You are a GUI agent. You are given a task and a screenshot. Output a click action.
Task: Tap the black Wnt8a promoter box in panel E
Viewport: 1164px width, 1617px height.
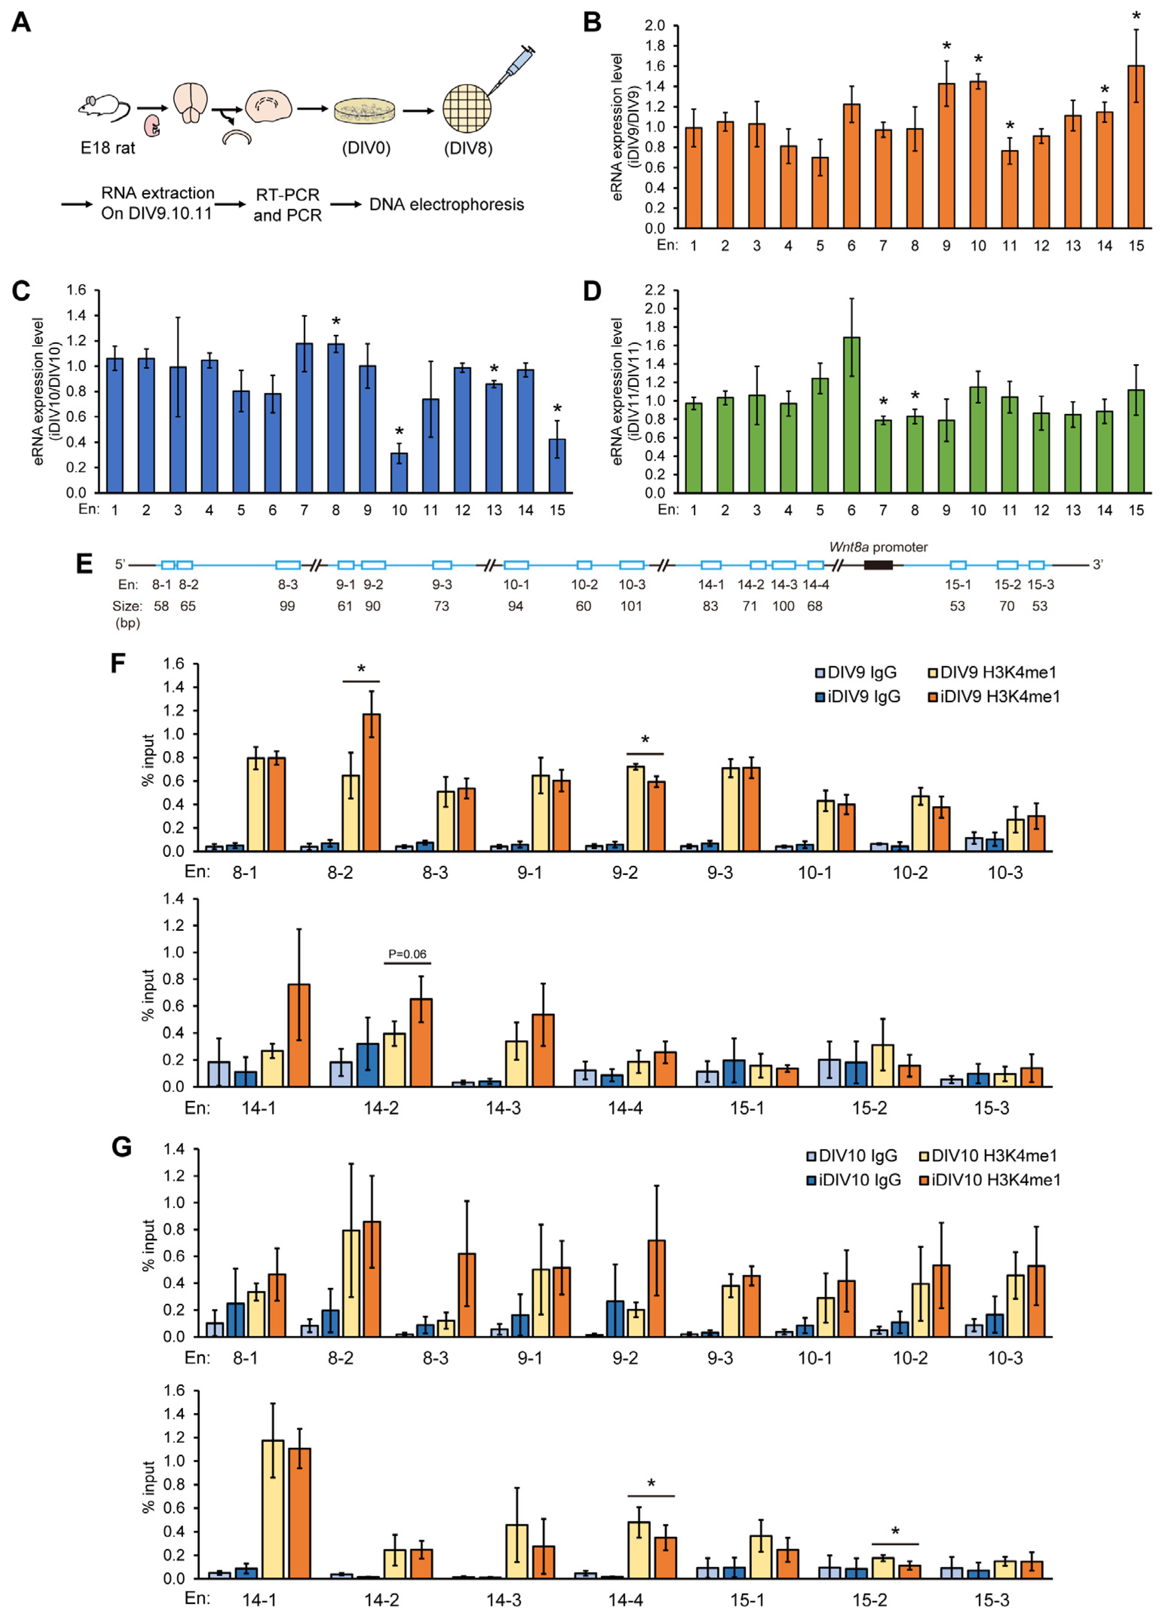coord(878,565)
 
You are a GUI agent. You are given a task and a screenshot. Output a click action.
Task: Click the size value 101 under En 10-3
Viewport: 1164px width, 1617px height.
coord(631,606)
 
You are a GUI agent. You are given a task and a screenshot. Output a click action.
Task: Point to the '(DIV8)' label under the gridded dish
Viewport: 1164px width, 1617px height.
coord(468,148)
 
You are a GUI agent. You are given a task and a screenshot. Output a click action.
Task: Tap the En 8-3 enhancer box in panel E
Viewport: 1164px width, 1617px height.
coord(288,565)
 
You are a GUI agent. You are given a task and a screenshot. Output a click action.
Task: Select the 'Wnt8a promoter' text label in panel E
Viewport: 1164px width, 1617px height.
coord(878,547)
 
